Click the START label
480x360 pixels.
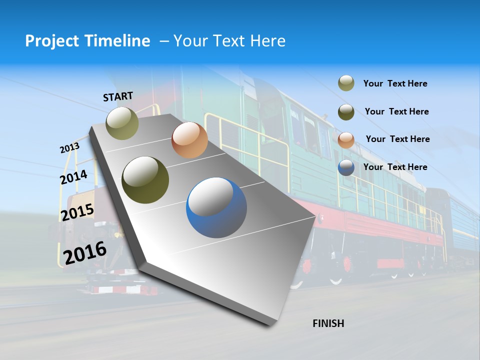point(118,96)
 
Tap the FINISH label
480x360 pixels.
point(328,323)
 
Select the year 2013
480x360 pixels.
point(69,148)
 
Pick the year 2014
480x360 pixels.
point(73,177)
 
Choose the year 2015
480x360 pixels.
point(77,212)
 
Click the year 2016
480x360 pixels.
point(85,253)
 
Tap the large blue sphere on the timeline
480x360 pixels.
point(216,207)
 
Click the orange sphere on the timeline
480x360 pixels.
point(189,140)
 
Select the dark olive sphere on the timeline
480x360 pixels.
point(145,180)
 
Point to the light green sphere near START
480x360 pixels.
point(122,123)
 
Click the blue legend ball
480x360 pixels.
point(346,168)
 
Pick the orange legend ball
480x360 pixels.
point(346,140)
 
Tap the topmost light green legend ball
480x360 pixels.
point(346,83)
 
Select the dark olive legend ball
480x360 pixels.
point(346,112)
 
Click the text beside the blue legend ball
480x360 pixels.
point(395,167)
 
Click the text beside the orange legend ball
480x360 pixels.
point(397,139)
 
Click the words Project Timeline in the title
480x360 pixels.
point(87,41)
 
